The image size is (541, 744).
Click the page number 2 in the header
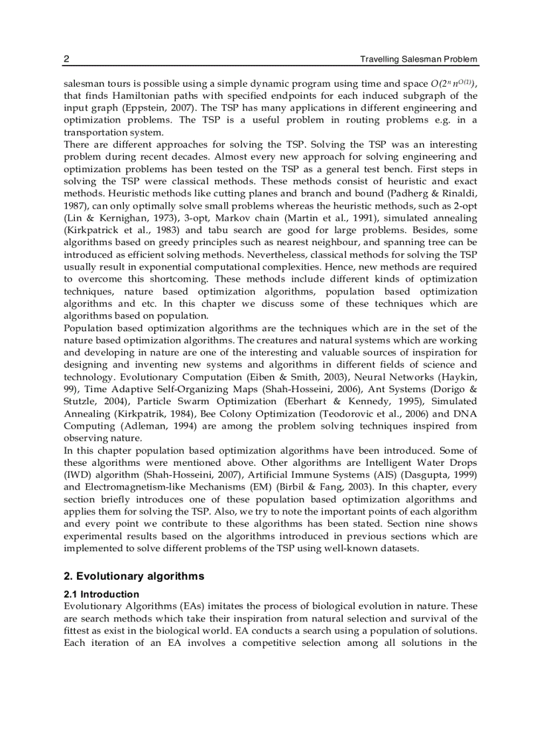[x=66, y=60]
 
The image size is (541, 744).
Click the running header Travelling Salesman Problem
[x=418, y=60]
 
